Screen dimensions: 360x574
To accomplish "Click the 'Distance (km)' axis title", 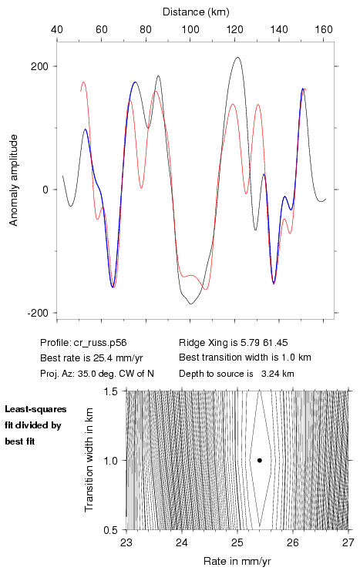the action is click(196, 12).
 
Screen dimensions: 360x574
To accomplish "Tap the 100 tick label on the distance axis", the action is click(190, 29).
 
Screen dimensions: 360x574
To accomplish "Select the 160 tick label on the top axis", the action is click(324, 29).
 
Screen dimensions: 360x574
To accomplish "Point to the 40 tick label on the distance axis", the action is click(57, 29).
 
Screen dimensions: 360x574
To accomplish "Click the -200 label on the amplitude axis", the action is click(37, 313).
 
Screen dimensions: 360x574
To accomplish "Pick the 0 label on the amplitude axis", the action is click(45, 190).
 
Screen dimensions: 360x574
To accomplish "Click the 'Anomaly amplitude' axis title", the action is click(13, 180).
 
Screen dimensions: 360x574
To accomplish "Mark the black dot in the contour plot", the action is click(260, 460).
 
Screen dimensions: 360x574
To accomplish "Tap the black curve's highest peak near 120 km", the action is click(238, 57).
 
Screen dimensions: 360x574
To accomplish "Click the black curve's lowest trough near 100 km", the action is click(191, 304).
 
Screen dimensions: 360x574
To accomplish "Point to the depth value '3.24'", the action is click(269, 374).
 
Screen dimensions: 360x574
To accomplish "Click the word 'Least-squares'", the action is click(35, 409).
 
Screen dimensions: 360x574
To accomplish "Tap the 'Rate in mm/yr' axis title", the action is click(237, 561).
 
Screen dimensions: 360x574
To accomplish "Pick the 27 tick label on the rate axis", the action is click(348, 542).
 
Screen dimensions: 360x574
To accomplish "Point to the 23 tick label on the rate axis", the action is click(126, 542).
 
